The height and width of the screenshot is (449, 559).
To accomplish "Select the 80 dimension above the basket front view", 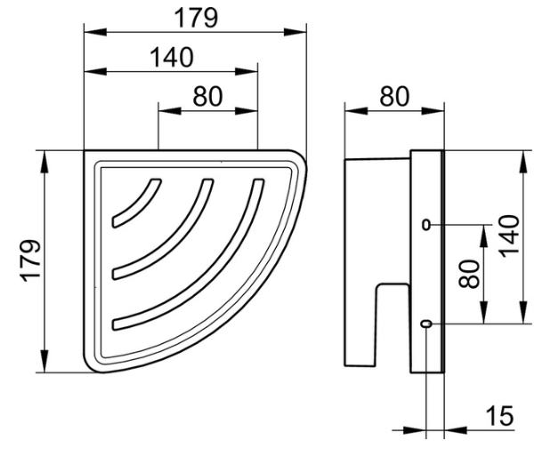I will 207,96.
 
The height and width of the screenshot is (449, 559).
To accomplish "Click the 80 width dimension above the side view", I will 393,96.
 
